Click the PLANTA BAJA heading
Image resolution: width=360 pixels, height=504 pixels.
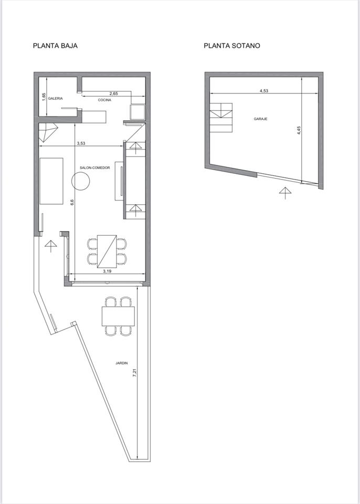click(x=55, y=46)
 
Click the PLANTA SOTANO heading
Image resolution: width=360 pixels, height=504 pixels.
click(x=232, y=46)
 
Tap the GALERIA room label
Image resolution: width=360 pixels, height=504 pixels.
click(x=55, y=99)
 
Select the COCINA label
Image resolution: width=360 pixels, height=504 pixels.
click(x=105, y=100)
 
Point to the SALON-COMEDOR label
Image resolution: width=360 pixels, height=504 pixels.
click(x=95, y=168)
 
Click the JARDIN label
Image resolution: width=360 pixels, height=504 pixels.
click(x=122, y=363)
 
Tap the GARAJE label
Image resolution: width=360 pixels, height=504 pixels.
click(x=261, y=119)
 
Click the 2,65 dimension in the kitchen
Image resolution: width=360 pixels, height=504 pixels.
click(x=113, y=93)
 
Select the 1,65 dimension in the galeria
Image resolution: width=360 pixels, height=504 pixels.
click(x=45, y=97)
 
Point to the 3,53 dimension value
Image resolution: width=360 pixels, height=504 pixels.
click(x=81, y=144)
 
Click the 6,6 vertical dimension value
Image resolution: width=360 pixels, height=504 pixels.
click(x=72, y=202)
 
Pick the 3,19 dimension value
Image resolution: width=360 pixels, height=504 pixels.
click(x=107, y=271)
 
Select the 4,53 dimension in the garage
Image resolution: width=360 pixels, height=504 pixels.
click(x=264, y=91)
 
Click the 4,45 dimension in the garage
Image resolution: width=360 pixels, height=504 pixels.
click(x=299, y=130)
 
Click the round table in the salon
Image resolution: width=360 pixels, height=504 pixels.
click(x=80, y=181)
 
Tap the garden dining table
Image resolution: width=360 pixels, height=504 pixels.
click(x=118, y=316)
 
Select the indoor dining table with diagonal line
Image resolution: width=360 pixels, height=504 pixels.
click(x=107, y=251)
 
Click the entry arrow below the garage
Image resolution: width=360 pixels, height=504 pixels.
click(x=285, y=193)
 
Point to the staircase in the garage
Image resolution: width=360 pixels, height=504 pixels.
click(x=221, y=118)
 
